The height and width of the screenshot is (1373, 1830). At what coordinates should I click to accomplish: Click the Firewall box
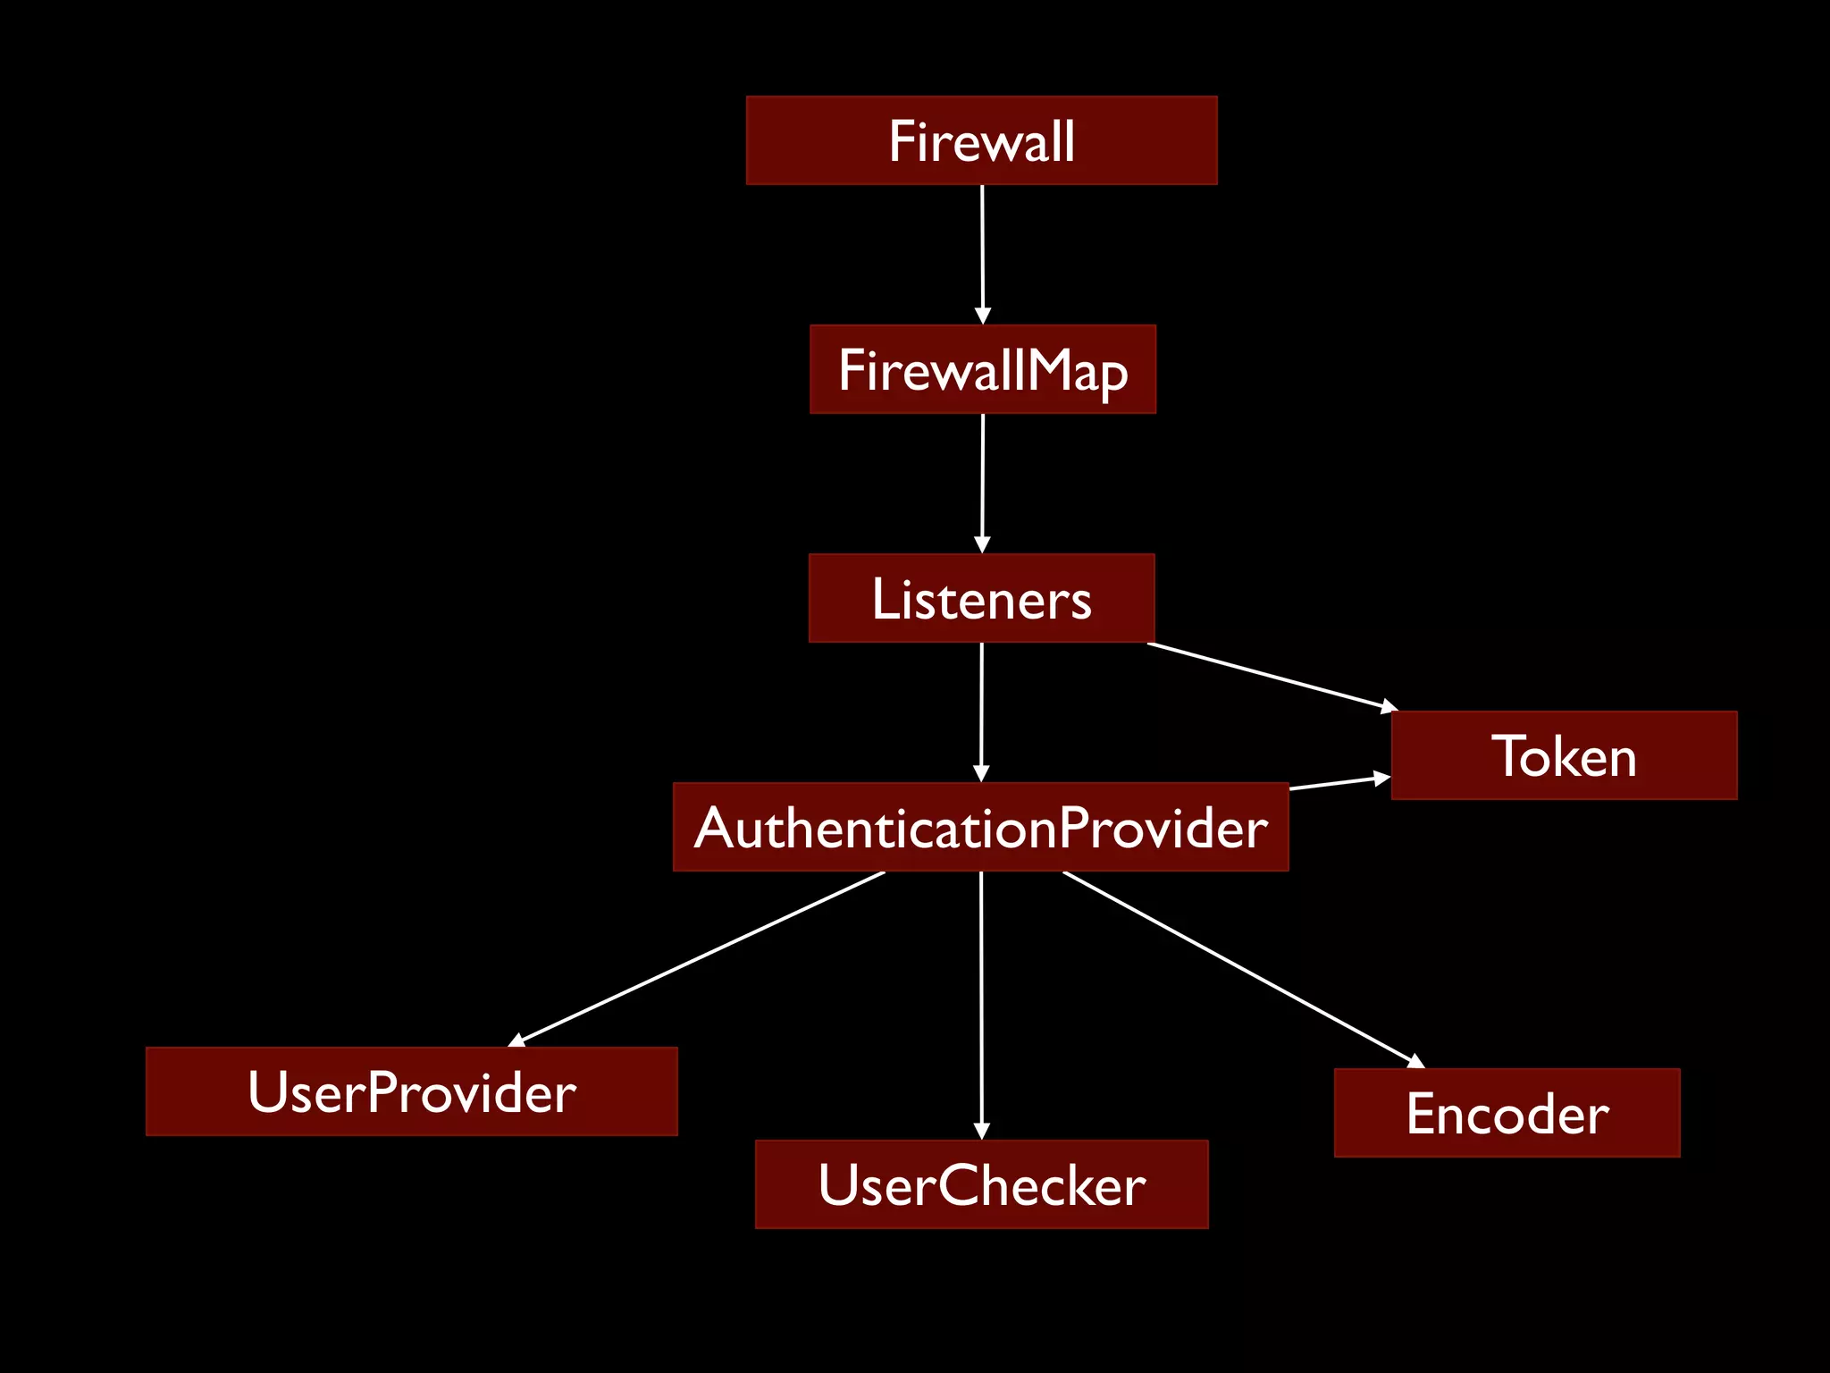pyautogui.click(x=981, y=140)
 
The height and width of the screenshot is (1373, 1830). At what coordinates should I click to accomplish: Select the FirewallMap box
pyautogui.click(x=982, y=369)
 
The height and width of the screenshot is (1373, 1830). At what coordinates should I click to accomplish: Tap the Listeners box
pyautogui.click(x=981, y=598)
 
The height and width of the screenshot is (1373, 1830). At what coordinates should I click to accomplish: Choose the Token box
pyautogui.click(x=1564, y=755)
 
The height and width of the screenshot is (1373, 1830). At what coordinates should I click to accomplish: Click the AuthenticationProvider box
pyautogui.click(x=980, y=827)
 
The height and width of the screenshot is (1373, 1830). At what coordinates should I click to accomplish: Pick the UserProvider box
pyautogui.click(x=411, y=1091)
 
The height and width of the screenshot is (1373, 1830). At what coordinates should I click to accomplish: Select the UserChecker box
pyautogui.click(x=981, y=1184)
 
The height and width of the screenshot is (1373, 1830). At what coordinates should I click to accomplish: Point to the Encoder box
pyautogui.click(x=1507, y=1113)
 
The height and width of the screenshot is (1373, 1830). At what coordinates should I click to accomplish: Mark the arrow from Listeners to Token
pyautogui.click(x=1269, y=676)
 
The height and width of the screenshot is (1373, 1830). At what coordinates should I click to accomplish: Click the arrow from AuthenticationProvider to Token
pyautogui.click(x=1339, y=784)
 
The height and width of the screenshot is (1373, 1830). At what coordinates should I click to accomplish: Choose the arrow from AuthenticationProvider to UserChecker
pyautogui.click(x=981, y=1001)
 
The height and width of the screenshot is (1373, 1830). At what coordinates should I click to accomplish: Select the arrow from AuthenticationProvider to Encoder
pyautogui.click(x=1242, y=969)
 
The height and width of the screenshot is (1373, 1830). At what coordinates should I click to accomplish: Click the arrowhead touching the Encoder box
pyautogui.click(x=1415, y=1062)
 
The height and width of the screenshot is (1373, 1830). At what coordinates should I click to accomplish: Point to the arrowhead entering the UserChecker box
pyautogui.click(x=981, y=1131)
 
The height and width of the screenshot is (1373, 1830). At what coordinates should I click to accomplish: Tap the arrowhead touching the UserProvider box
pyautogui.click(x=516, y=1040)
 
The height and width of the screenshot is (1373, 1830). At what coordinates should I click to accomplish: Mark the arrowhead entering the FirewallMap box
pyautogui.click(x=982, y=316)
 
